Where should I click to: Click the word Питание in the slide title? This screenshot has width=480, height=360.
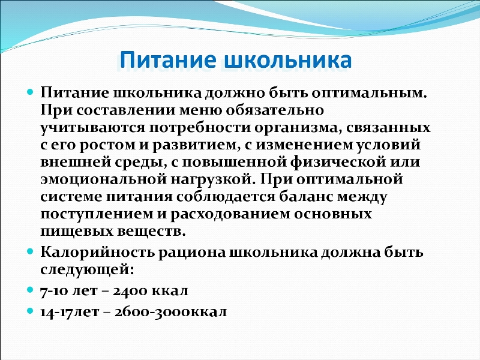168,60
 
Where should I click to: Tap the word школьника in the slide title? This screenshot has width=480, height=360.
288,60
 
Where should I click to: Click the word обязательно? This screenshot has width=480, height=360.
275,110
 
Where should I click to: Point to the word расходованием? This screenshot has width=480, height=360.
230,214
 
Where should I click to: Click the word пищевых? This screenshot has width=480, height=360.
77,231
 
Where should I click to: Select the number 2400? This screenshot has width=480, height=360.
130,290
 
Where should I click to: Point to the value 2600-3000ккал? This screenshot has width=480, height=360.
171,311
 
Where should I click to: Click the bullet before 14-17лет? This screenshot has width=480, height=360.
29,311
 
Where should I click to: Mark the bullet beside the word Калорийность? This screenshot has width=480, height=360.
29,251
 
